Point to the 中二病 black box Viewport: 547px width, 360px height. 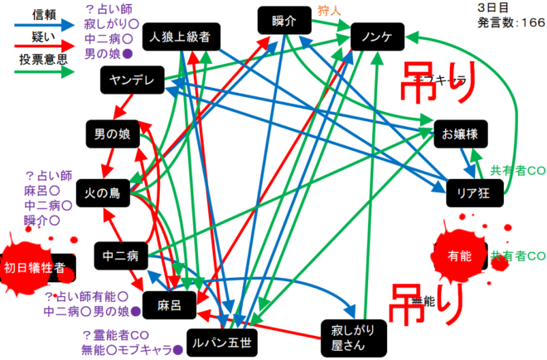[x=121, y=253]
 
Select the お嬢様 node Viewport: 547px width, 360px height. [x=457, y=134]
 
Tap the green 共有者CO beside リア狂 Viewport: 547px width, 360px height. [x=518, y=170]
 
